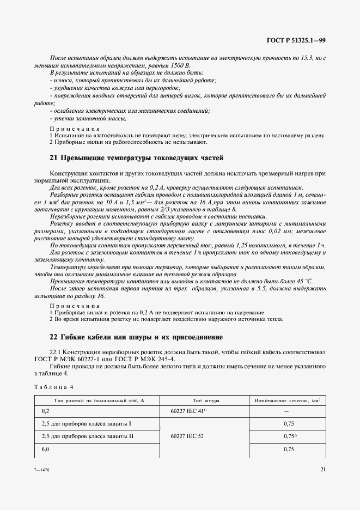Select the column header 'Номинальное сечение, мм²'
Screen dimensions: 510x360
[288, 400]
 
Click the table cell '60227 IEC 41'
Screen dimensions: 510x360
[187, 411]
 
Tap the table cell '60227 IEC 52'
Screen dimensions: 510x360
[187, 436]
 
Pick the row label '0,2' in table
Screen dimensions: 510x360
[45, 411]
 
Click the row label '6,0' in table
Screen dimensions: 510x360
[45, 449]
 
